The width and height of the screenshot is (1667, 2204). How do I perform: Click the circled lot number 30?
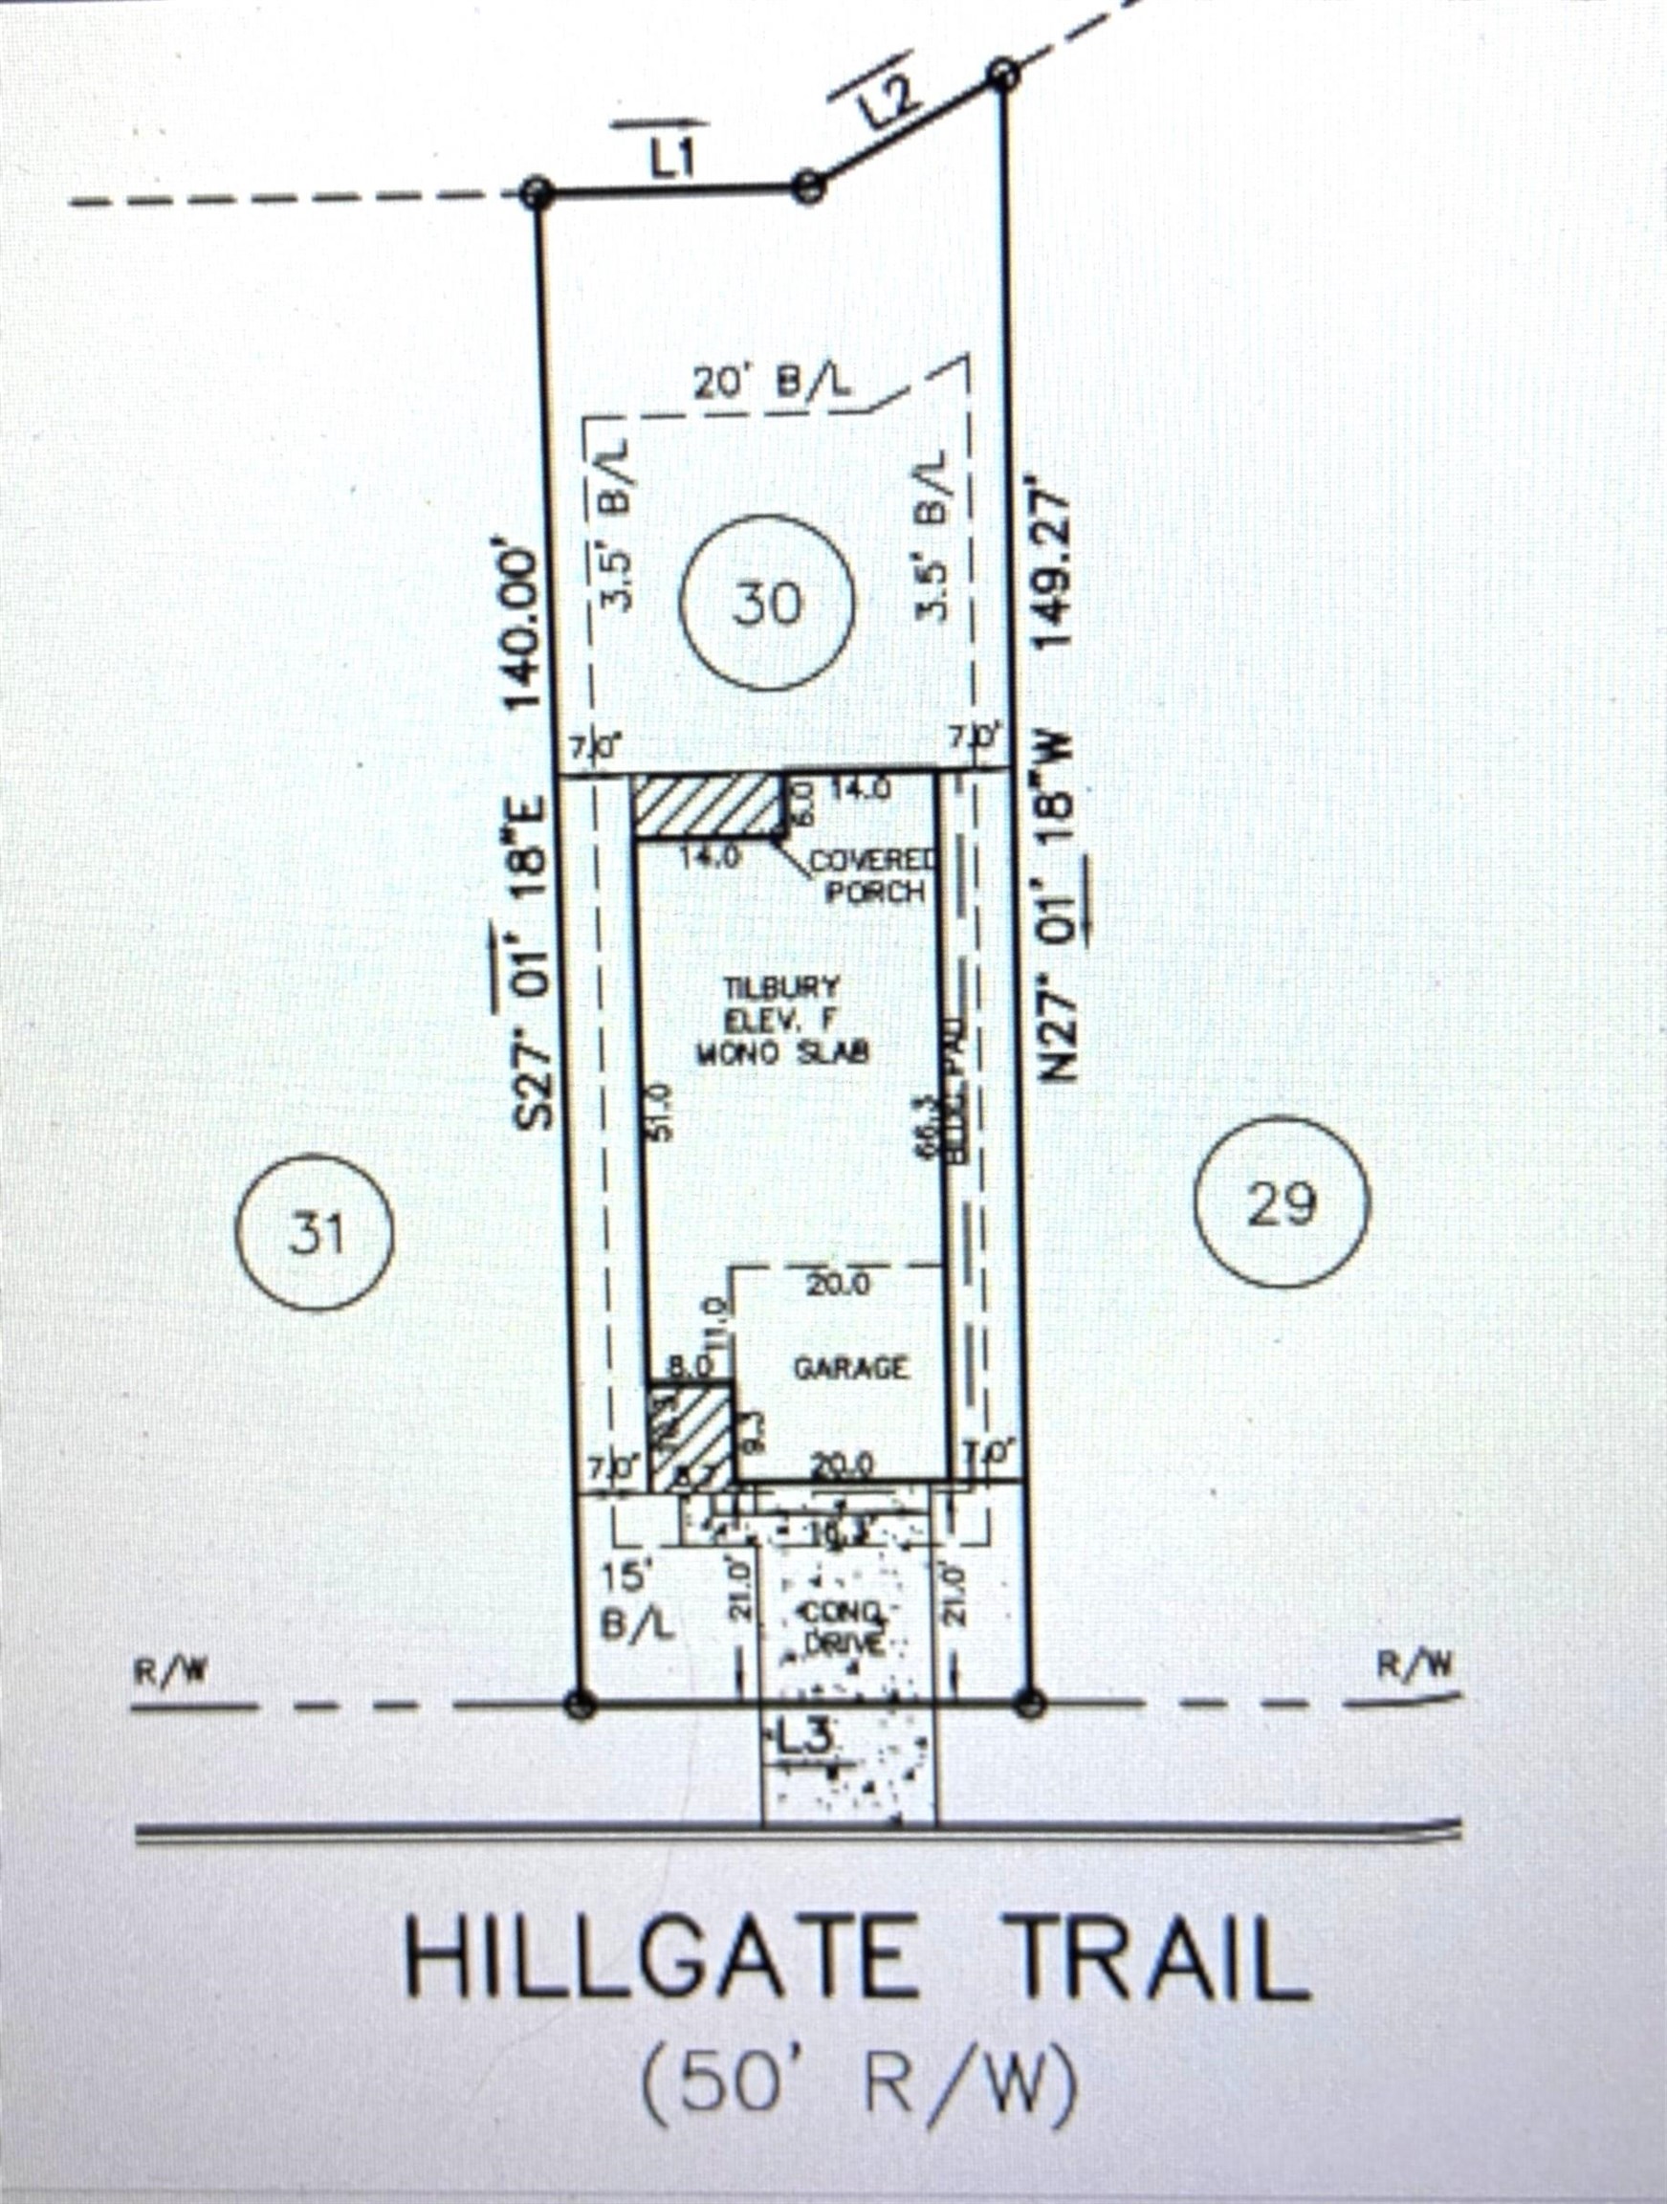tap(766, 603)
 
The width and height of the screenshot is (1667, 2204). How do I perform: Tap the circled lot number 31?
tap(315, 1232)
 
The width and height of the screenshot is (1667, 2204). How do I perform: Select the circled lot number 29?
tap(1282, 1202)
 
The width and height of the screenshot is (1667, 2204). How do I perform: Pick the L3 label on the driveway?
tap(803, 1738)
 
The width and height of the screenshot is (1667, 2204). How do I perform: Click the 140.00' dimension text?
tap(525, 624)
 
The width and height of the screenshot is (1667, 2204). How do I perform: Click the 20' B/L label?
tap(771, 385)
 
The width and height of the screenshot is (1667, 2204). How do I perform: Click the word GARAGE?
tap(851, 1368)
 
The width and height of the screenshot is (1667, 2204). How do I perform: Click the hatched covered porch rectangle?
tap(707, 806)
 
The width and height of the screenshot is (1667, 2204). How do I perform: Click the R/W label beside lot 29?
tap(1414, 1664)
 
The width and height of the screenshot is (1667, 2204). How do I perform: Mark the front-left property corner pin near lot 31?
tap(580, 1703)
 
